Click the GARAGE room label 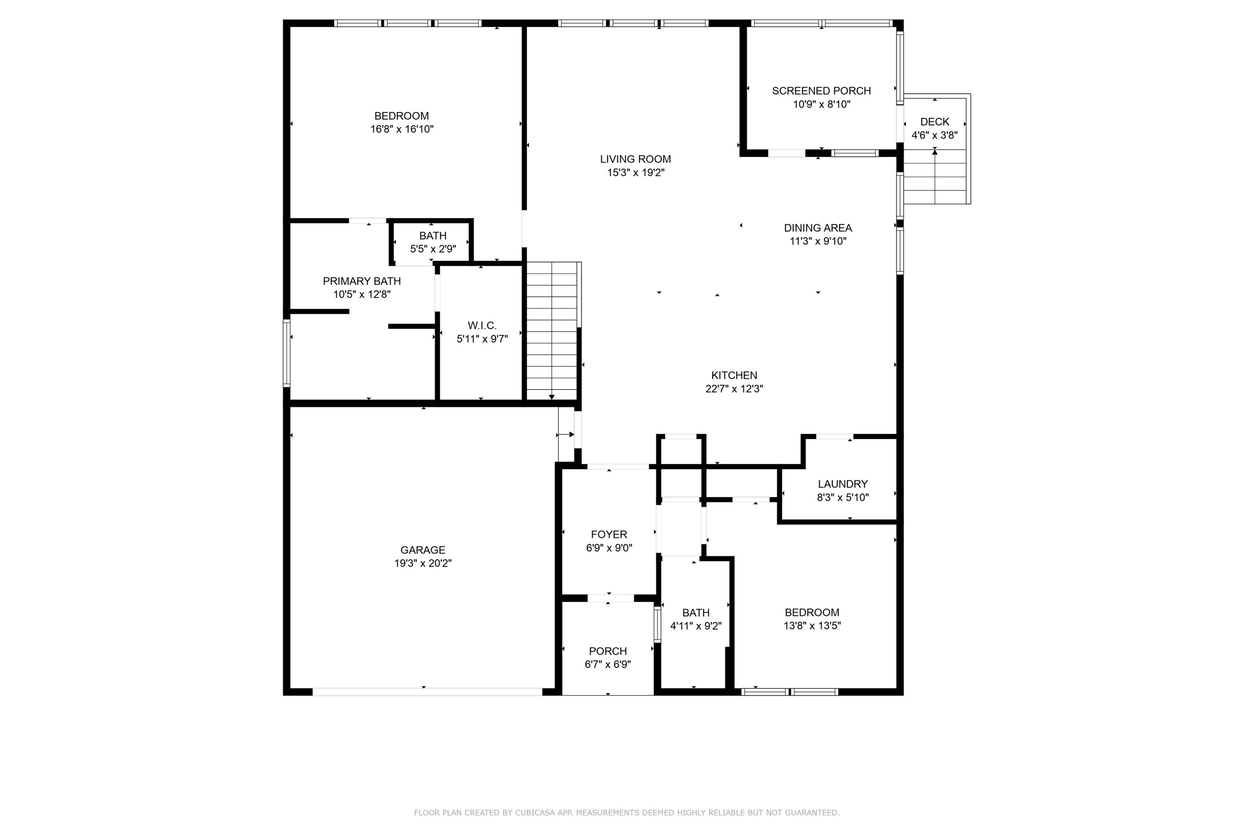(x=422, y=550)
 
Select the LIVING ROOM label (x=635, y=159)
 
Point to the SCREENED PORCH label (x=821, y=91)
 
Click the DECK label (x=934, y=122)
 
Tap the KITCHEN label (x=734, y=375)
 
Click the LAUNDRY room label (x=842, y=484)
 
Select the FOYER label (x=609, y=534)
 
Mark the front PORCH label (x=607, y=651)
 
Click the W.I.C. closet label (x=482, y=325)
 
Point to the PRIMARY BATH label (x=362, y=281)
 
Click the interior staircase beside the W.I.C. (x=551, y=331)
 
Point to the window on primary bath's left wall (x=286, y=352)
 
